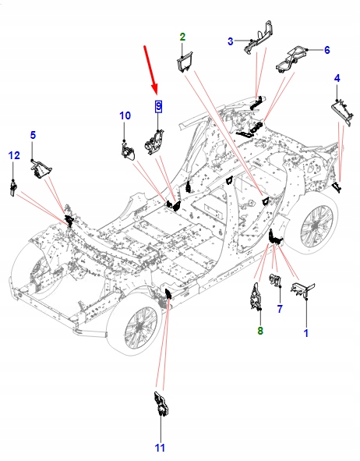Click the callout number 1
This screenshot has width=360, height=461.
305,333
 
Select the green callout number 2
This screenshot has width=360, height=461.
182,37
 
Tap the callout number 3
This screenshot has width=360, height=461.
231,41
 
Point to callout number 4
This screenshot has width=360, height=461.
337,78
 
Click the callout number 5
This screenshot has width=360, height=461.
33,135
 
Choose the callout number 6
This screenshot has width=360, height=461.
326,50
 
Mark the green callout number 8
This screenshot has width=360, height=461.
260,331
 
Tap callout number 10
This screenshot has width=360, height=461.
125,115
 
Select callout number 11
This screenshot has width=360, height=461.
160,447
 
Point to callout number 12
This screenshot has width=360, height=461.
14,156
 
